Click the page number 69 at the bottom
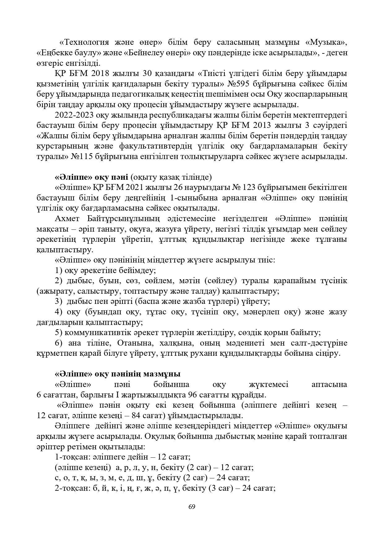pos(192,507)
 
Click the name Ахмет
pos(67,219)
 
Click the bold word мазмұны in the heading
pos(164,374)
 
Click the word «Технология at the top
pos(84,42)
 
